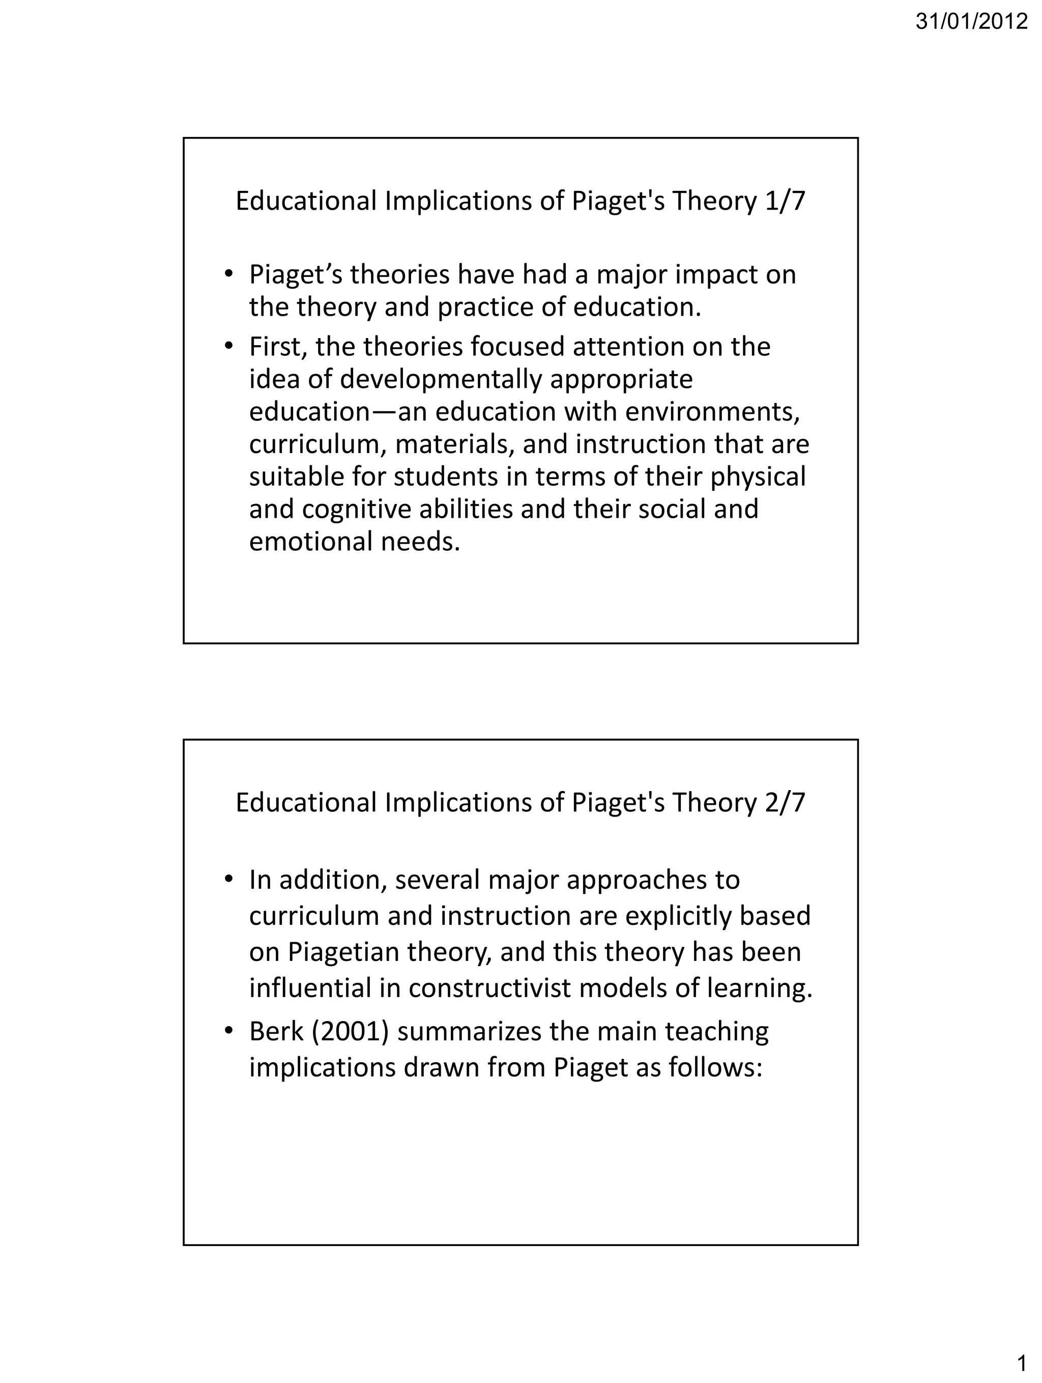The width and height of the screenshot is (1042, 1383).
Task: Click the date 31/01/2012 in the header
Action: (971, 22)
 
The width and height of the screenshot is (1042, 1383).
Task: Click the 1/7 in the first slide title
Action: (785, 202)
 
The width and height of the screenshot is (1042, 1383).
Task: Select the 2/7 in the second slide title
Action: (785, 803)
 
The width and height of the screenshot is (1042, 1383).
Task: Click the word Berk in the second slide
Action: (276, 1032)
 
